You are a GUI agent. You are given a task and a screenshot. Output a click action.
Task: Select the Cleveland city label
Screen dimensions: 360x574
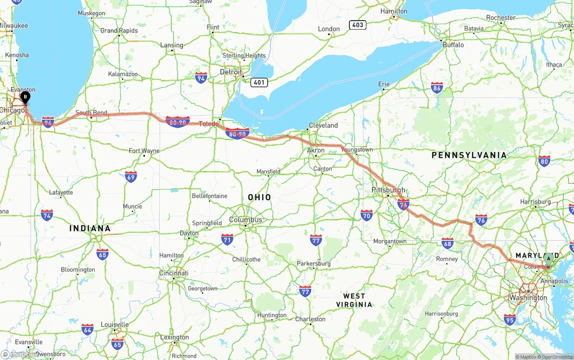323,125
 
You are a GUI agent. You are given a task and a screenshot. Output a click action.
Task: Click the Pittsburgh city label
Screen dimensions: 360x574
388,190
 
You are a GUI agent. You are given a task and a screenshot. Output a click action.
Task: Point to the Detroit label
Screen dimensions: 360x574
231,72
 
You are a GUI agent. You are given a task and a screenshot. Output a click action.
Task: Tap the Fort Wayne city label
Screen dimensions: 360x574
144,151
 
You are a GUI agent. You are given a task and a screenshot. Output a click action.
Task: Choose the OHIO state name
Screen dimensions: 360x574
259,197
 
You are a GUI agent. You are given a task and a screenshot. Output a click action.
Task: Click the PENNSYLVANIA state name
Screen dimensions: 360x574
469,155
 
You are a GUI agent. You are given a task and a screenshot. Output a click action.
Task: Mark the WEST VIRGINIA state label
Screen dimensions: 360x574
354,300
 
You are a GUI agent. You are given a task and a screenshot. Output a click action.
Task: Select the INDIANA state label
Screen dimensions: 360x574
90,228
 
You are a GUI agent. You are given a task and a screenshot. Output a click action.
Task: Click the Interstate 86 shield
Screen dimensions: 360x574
437,87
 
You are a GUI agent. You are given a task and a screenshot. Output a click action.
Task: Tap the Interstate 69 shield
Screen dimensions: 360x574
130,176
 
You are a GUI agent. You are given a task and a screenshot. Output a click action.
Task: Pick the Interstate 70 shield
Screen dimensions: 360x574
366,215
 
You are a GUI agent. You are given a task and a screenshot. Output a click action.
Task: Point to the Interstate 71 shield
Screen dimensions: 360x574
227,239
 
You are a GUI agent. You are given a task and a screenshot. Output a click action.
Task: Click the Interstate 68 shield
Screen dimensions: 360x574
447,243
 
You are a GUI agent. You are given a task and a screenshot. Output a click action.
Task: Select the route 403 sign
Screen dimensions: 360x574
357,25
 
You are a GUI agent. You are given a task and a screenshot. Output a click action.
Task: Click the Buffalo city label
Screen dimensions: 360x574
453,45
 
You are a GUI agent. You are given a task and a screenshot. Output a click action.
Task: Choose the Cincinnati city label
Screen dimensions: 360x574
174,273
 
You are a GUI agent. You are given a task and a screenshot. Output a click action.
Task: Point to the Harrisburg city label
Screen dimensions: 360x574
535,202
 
